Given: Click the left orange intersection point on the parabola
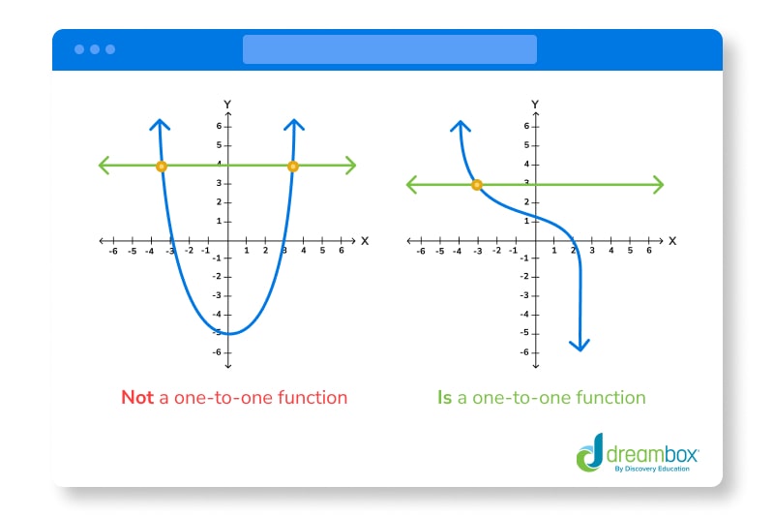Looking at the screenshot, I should (162, 167).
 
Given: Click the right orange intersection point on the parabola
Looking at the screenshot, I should (293, 167).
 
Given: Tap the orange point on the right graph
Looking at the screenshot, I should (476, 184).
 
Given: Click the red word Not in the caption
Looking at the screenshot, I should (136, 397).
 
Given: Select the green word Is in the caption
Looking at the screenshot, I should (444, 397).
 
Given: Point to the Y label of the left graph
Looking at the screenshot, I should (226, 104).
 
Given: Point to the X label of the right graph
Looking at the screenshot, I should (671, 240).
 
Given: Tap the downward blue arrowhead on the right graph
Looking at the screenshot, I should (580, 345).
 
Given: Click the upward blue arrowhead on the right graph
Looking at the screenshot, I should (461, 126).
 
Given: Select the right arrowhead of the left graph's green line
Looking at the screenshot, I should (350, 166).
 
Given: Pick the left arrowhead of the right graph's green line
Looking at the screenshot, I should (412, 184).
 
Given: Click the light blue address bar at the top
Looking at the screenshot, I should (389, 49).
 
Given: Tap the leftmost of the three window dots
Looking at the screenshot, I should (78, 49).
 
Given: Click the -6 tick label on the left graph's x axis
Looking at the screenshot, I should (113, 251).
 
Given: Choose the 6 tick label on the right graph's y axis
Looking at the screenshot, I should (526, 126).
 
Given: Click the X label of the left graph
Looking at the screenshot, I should (365, 240).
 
